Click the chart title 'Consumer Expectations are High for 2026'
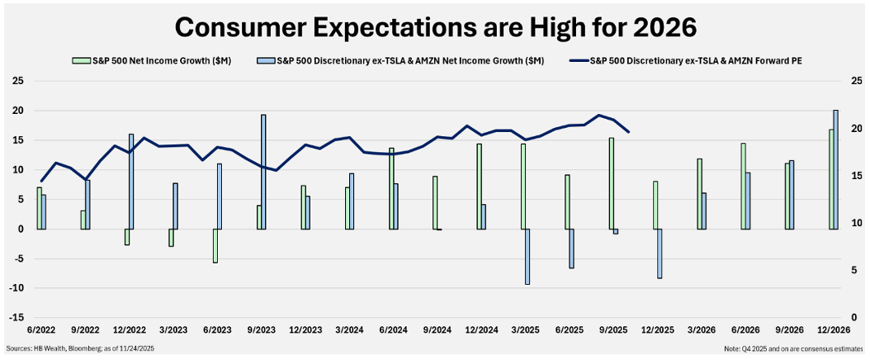(x=435, y=26)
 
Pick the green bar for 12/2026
(x=830, y=179)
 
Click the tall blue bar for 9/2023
(x=263, y=172)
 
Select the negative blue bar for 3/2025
(x=527, y=257)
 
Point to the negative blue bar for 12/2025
(x=660, y=253)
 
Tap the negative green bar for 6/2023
(x=215, y=245)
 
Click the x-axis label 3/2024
(x=348, y=329)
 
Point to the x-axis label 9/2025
(x=612, y=329)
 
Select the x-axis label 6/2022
(x=40, y=329)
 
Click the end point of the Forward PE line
(x=629, y=131)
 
